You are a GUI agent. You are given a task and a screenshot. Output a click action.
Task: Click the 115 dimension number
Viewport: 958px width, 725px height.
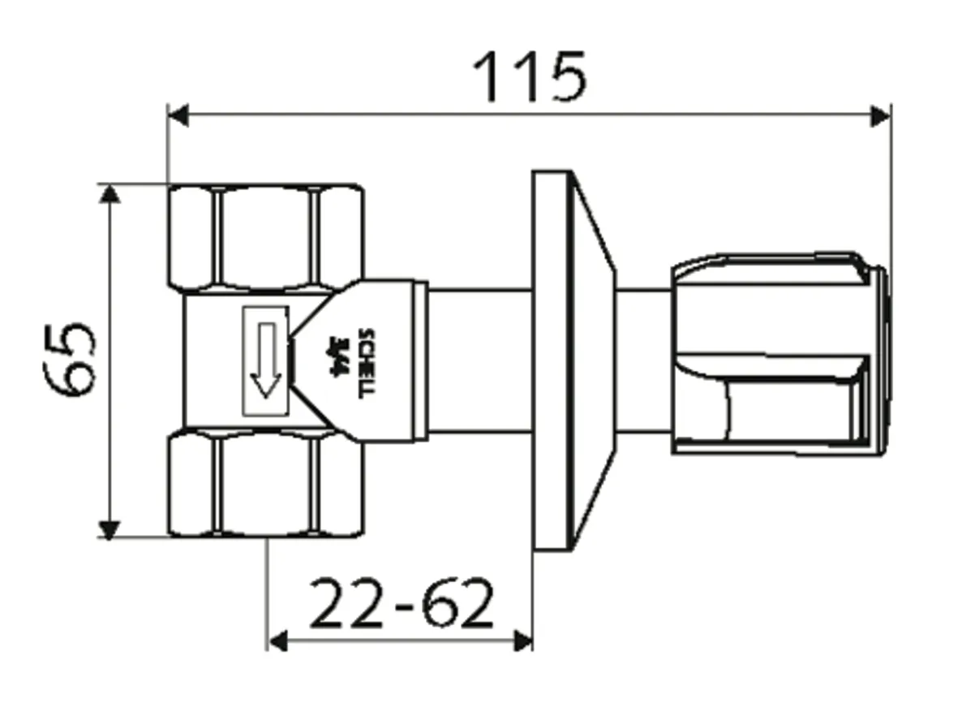click(x=530, y=76)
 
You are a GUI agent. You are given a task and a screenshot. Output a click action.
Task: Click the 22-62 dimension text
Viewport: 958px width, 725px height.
click(x=401, y=604)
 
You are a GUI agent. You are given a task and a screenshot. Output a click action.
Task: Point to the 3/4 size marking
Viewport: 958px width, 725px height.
click(x=333, y=358)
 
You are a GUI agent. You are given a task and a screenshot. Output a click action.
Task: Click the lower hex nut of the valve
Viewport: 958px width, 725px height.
click(x=265, y=485)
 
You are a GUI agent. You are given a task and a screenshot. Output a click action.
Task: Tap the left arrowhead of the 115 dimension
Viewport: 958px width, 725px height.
click(x=178, y=115)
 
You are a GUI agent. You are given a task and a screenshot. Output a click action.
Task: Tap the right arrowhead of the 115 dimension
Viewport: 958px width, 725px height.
click(x=879, y=115)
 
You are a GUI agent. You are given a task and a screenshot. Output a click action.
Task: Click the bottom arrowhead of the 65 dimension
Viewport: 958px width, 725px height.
click(x=110, y=528)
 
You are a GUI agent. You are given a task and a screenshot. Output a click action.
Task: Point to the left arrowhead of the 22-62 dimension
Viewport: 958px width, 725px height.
click(x=278, y=641)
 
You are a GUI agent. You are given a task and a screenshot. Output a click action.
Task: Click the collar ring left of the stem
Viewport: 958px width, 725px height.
click(x=420, y=360)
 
